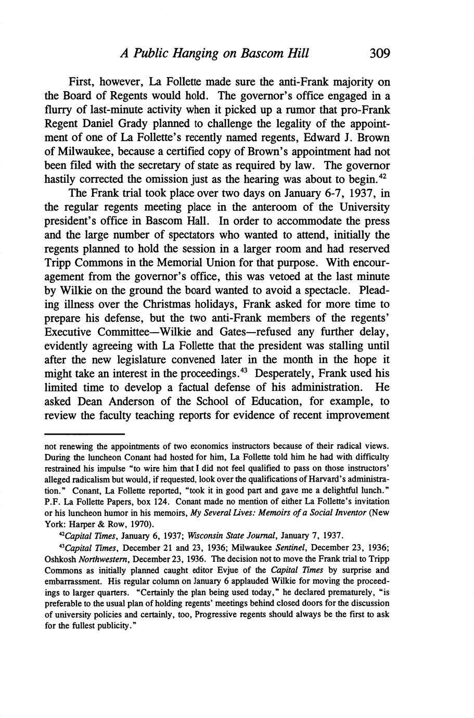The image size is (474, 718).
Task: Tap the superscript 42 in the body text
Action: [385, 176]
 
